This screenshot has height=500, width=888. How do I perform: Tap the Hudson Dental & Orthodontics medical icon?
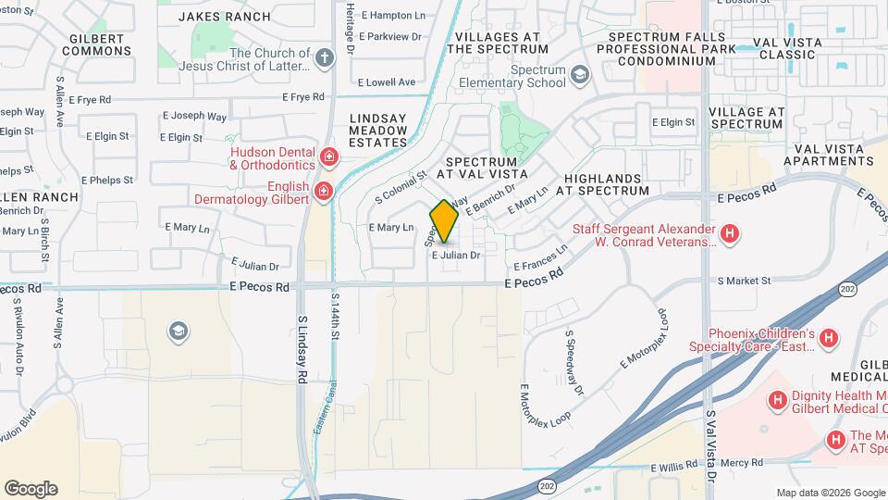coord(328,156)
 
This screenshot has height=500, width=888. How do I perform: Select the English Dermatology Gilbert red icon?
coord(323,192)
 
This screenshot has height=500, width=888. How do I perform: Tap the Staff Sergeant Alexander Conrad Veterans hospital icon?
coord(730,234)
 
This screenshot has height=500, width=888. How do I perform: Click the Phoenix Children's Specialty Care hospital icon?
coord(828,340)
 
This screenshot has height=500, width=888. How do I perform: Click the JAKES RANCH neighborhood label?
coord(225,17)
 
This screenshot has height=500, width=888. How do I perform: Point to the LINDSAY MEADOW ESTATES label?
coord(378,131)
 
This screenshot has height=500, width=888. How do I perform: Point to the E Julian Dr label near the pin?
coord(456,255)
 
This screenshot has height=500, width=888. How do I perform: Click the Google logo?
coord(31,489)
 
